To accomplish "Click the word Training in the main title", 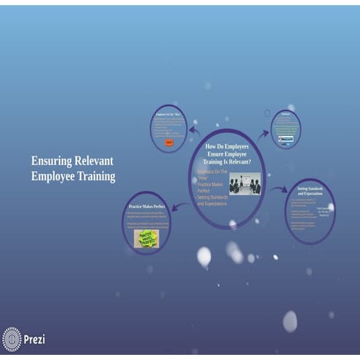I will pos(94,176).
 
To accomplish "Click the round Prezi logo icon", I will pos(12,339).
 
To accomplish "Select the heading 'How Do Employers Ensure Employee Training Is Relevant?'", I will pos(227,154).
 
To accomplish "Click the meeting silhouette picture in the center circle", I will pos(244,183).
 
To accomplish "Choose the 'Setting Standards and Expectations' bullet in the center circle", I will pos(212,200).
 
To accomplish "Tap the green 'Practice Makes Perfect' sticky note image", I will pos(146,238).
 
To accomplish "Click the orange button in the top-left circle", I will pos(169,143).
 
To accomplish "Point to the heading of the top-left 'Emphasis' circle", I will pos(169,114).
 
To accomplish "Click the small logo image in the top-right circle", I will pos(286,138).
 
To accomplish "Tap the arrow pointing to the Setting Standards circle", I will pos(279,190).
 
